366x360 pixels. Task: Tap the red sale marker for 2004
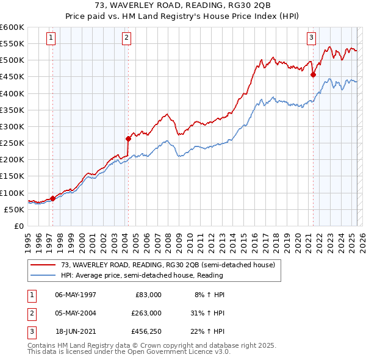[x=128, y=139]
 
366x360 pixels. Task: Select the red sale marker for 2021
[x=314, y=75]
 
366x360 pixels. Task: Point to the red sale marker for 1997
[x=52, y=198]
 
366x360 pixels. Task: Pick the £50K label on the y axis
[x=15, y=209]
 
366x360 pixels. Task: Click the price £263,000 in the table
[x=146, y=313]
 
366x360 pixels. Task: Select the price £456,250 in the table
[x=146, y=332]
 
